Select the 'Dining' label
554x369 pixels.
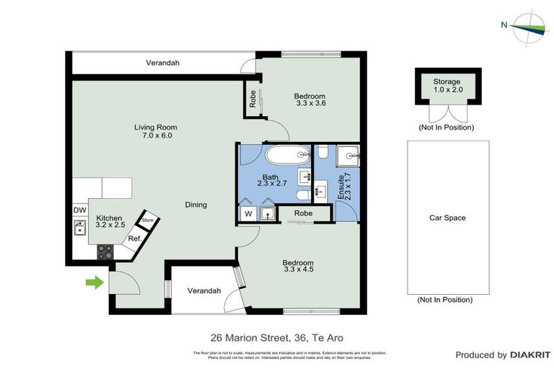tap(195, 205)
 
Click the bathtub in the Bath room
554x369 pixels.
tap(287, 156)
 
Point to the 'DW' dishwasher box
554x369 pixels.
tap(79, 210)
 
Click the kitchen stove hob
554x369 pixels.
tap(106, 252)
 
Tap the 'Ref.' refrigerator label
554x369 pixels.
tap(134, 239)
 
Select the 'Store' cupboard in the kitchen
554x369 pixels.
tap(148, 220)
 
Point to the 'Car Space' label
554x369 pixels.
tap(447, 218)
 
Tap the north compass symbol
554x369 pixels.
tap(530, 26)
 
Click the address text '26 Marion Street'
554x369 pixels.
tap(245, 337)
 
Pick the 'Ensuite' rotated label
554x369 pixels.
tap(346, 187)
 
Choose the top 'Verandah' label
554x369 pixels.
tap(162, 63)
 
